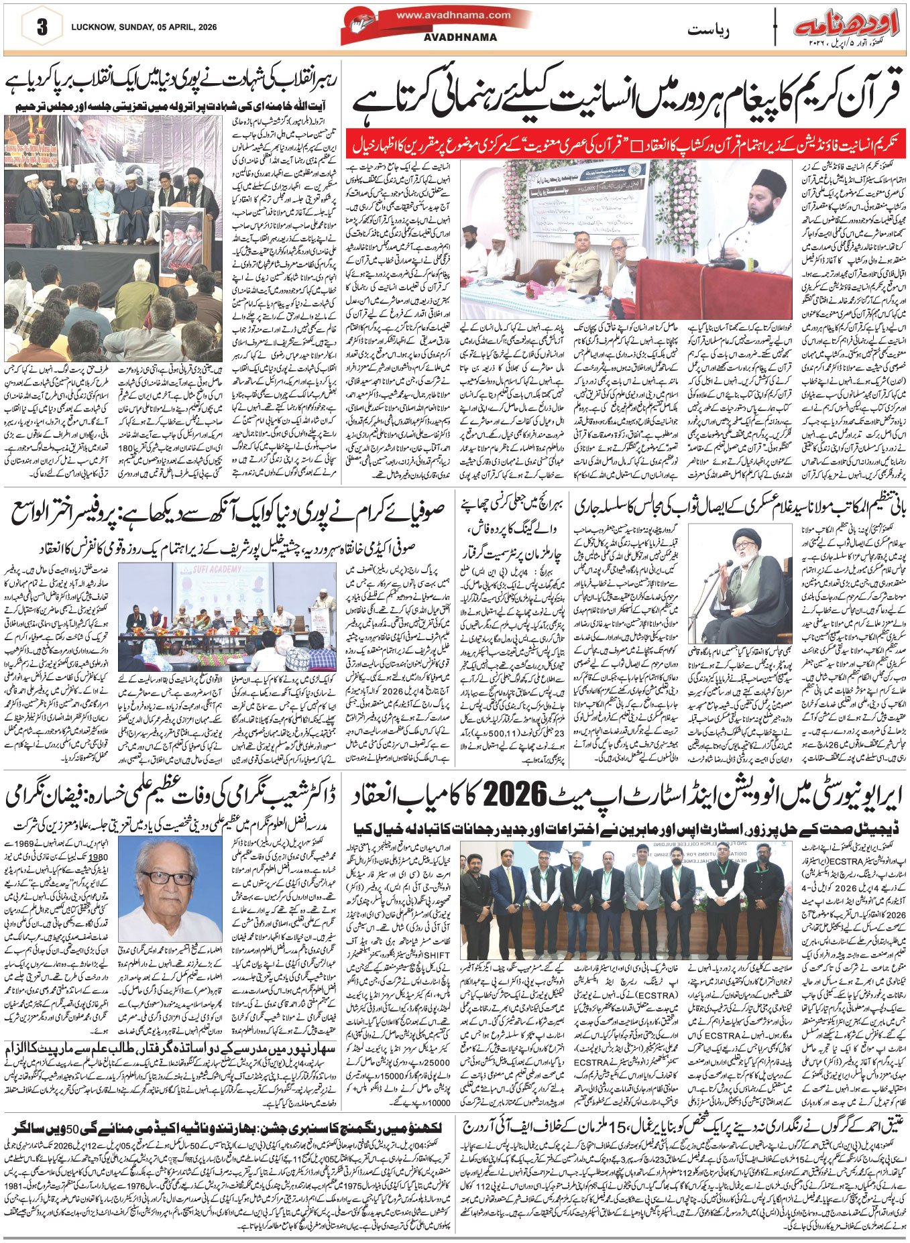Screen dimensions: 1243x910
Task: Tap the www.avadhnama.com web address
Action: tap(453, 15)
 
